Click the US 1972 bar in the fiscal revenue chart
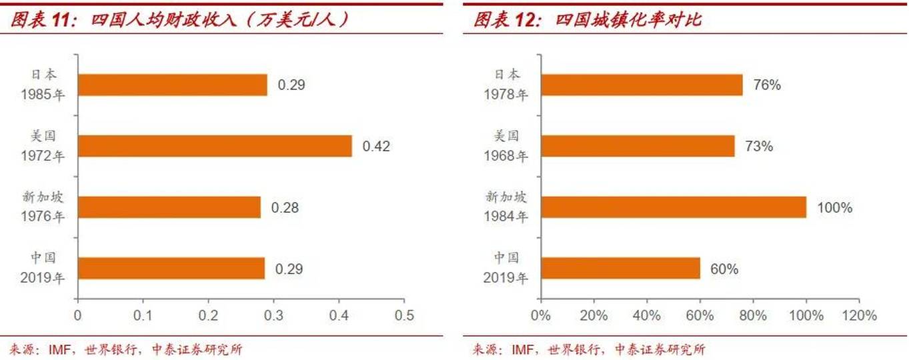[x=215, y=146]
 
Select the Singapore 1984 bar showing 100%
[x=674, y=207]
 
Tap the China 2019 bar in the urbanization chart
[x=620, y=268]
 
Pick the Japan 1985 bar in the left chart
[x=173, y=85]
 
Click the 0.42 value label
[x=376, y=146]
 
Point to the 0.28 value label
[x=285, y=207]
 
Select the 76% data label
[x=767, y=85]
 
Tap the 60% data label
[x=724, y=269]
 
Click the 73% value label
[x=759, y=146]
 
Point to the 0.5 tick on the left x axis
[x=404, y=315]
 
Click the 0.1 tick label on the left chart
[x=143, y=315]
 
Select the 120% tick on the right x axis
[x=859, y=315]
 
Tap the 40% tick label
[x=647, y=315]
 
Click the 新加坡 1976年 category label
[x=43, y=207]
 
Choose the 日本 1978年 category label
[x=506, y=85]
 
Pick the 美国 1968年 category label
[x=506, y=146]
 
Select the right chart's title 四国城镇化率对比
[x=629, y=19]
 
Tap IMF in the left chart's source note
[x=59, y=349]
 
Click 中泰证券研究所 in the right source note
[x=660, y=349]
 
